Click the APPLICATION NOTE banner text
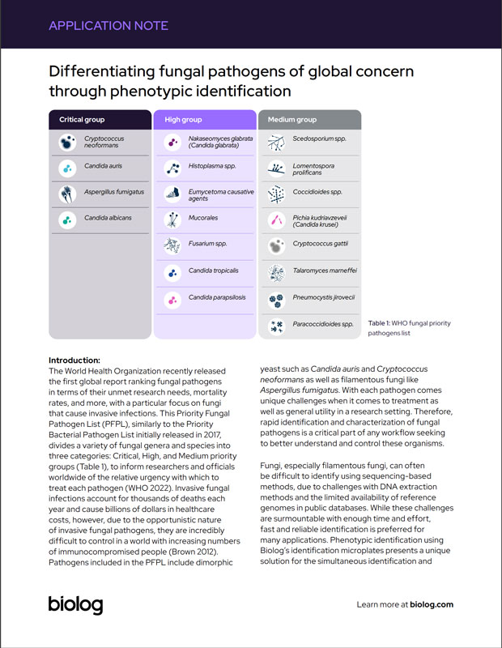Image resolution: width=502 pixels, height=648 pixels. click(108, 25)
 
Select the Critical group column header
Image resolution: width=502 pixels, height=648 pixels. click(82, 120)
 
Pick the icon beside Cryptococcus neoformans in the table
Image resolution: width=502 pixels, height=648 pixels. click(66, 143)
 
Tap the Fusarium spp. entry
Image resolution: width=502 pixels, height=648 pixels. click(207, 243)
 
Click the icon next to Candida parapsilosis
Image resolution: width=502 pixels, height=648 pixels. click(172, 299)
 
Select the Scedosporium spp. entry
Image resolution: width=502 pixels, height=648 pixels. click(319, 139)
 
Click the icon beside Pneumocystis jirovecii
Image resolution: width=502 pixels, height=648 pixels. click(276, 299)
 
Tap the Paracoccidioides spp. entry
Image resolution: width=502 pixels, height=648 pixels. click(323, 324)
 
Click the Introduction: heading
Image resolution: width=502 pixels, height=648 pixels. click(74, 360)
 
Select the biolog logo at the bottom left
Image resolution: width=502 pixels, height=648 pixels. click(75, 603)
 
